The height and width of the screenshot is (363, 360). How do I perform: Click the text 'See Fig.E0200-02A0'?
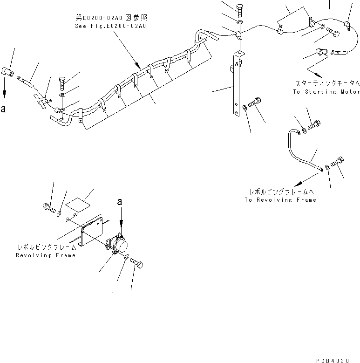point(110,27)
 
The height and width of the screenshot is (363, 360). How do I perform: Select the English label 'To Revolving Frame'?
point(280,199)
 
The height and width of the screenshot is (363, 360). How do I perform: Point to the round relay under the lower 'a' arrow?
point(122,246)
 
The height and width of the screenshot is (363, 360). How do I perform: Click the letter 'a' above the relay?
point(121,202)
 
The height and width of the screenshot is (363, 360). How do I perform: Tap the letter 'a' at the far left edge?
point(4,110)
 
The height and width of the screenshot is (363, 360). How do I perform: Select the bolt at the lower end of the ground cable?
point(338,161)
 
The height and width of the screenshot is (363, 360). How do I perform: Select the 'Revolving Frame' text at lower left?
point(46,255)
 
